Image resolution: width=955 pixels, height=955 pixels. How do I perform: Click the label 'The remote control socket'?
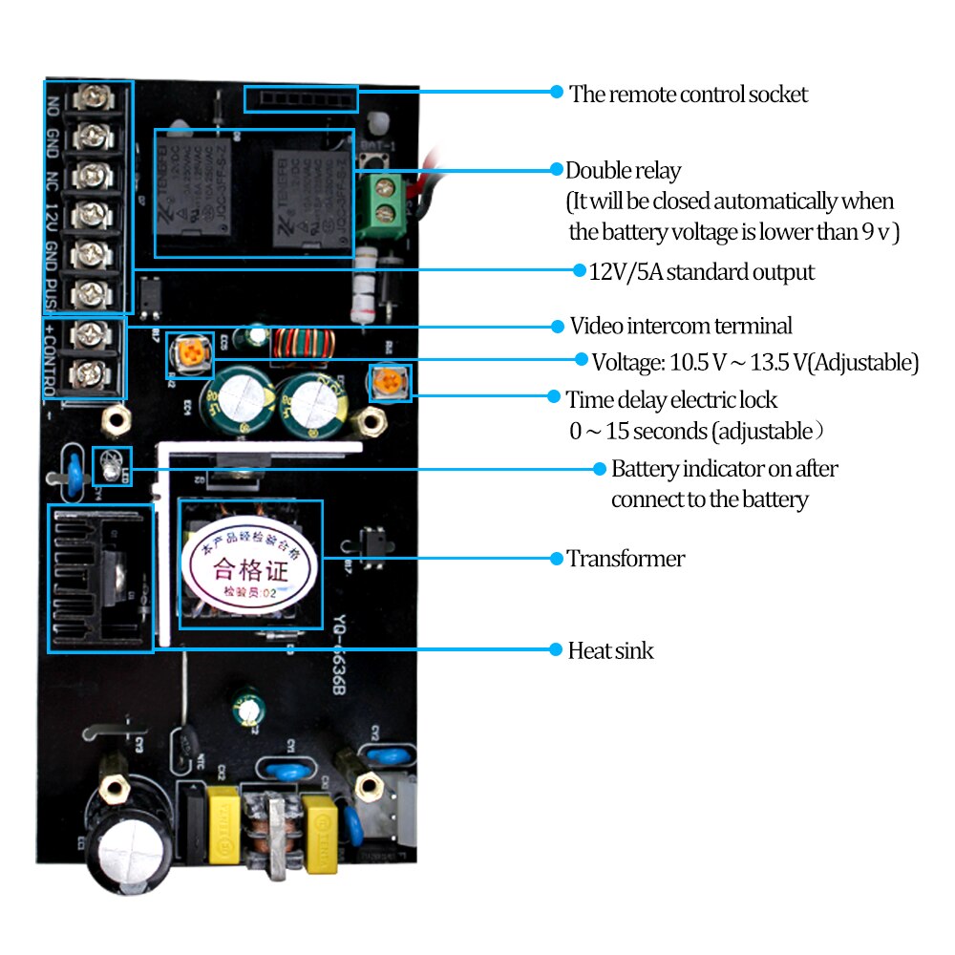point(688,94)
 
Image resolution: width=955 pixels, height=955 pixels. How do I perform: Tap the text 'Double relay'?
point(623,171)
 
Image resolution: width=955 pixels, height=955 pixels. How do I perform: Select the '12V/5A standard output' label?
point(701,272)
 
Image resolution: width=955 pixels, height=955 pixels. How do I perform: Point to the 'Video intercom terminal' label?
point(681,326)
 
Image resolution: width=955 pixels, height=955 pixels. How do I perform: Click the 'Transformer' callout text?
point(626,559)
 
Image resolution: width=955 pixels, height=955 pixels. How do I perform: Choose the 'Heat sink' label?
point(610,650)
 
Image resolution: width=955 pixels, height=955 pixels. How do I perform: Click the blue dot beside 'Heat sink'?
point(555,650)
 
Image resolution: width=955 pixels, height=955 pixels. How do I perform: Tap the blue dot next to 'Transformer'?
point(555,558)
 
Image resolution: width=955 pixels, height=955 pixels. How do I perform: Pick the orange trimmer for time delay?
point(389,383)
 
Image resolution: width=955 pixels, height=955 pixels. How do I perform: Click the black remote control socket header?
point(300,98)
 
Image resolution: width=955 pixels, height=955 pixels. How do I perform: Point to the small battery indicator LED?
point(112,465)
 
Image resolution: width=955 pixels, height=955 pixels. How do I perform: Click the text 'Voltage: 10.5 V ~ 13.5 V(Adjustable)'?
point(754,362)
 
